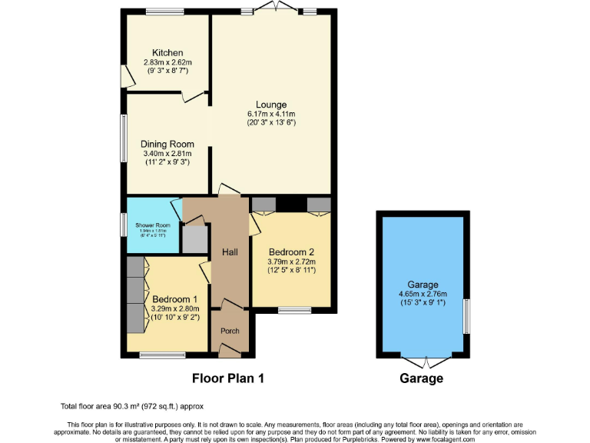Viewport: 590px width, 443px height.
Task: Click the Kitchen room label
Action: [x=167, y=53]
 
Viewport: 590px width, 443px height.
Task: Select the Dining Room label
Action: [x=167, y=144]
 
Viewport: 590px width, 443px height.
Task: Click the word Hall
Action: [x=230, y=251]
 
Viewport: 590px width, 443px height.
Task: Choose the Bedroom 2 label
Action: [x=291, y=251]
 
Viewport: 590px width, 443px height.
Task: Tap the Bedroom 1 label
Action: [x=174, y=299]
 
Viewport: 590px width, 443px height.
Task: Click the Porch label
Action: [x=230, y=331]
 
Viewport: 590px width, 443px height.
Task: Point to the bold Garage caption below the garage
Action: [x=421, y=378]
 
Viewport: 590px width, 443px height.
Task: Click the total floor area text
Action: [x=131, y=406]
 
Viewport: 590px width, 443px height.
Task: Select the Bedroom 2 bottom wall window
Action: [x=294, y=310]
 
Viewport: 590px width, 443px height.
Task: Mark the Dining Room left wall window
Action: [x=123, y=138]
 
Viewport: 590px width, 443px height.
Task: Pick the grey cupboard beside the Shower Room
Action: [x=194, y=239]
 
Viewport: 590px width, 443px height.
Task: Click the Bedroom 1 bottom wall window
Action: [x=162, y=355]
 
